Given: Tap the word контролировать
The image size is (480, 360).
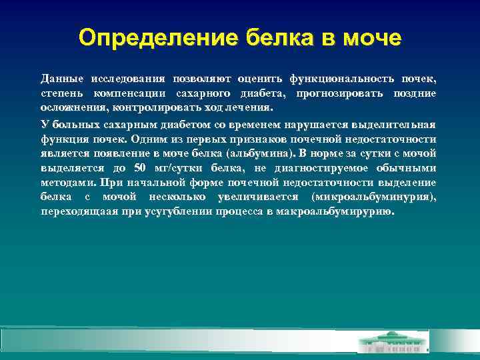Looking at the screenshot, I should pyautogui.click(x=151, y=108).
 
